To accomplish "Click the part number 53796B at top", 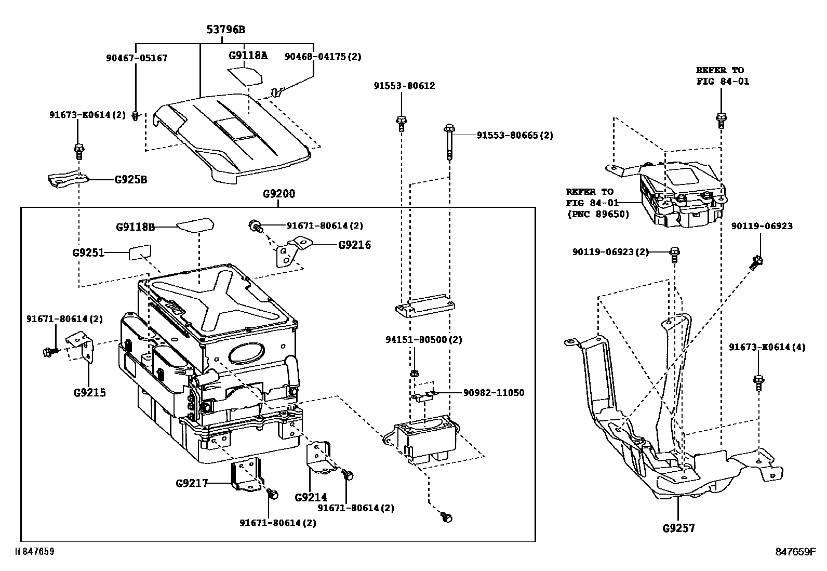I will point(225,30).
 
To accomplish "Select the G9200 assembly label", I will point(278,194).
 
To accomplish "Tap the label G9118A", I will point(248,55).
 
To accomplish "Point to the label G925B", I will point(130,180).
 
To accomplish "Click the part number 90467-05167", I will point(137,58).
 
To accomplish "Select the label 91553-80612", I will point(404,86).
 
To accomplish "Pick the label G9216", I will point(354,245).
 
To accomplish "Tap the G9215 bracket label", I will point(89,392).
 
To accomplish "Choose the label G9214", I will point(311,497).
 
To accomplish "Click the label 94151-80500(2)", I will point(423,339).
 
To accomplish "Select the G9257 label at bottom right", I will point(678,528).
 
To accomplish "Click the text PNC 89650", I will point(597,214).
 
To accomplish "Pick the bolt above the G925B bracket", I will point(78,151).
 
